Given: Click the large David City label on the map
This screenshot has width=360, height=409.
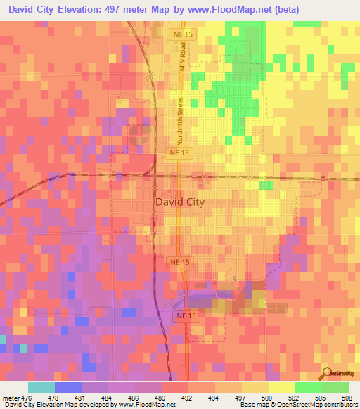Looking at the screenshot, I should coord(179,202).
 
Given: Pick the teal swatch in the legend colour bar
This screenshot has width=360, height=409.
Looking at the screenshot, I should coord(41,387).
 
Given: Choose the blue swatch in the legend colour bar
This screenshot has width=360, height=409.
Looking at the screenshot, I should coord(68,387).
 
